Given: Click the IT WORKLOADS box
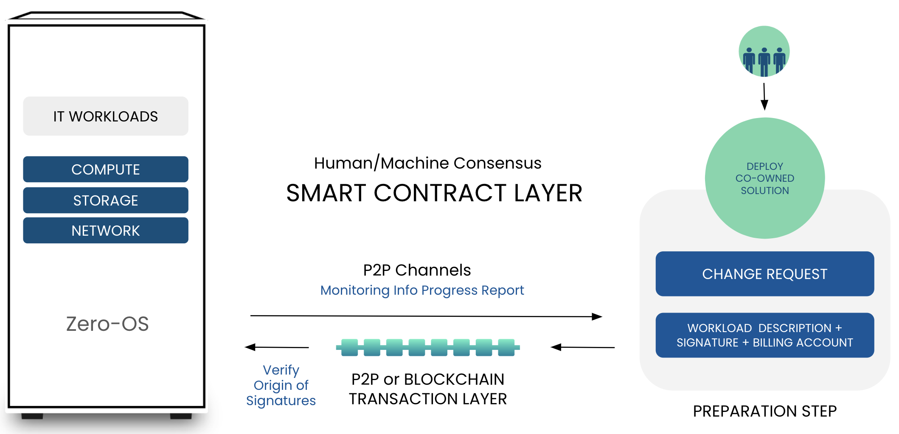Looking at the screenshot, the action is point(106,116).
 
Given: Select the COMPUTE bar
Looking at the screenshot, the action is point(106,169).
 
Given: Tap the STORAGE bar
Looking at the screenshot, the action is point(106,200).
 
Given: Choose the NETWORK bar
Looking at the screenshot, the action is point(106,230).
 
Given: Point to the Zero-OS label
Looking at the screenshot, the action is point(107,324).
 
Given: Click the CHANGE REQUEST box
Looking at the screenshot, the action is point(765,274).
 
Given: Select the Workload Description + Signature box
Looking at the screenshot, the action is point(765,335).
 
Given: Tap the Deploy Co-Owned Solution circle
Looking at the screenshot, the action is point(765,178).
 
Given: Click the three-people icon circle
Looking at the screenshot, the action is point(764,51).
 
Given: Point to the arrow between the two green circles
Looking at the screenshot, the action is point(764,97).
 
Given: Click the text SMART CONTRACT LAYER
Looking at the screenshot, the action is point(434,193).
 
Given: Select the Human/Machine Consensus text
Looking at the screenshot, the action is point(428,163).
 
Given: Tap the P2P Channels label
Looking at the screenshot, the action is point(417,270).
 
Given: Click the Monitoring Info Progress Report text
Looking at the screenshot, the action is point(422,290).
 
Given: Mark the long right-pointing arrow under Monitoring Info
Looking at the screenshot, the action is point(426,316).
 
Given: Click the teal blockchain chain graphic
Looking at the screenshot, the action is point(428,347).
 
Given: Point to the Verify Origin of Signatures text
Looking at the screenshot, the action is point(281,385).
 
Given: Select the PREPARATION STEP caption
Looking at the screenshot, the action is point(765,411).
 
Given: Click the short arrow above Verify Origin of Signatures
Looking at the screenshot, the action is point(277,347).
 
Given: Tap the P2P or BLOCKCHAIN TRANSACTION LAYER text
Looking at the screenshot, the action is point(428,389).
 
